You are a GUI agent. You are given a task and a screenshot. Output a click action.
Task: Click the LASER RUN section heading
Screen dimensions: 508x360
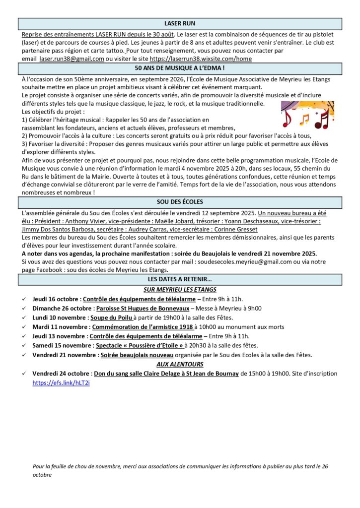pos(180,23)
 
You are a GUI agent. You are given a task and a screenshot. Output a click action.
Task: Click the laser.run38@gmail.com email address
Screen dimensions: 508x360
pos(72,59)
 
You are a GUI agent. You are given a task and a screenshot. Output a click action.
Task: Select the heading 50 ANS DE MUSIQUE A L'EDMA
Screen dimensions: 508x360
pos(180,68)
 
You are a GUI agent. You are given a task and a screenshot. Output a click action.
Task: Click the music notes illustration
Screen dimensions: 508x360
pos(307,115)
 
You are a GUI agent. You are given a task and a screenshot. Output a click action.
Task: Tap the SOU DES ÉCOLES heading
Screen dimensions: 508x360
pos(180,202)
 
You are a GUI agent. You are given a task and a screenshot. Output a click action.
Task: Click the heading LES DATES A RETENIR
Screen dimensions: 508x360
pos(180,280)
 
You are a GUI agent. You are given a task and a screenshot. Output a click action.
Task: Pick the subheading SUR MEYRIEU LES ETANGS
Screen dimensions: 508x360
pos(180,290)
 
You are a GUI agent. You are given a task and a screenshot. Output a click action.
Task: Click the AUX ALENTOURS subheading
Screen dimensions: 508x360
pos(180,364)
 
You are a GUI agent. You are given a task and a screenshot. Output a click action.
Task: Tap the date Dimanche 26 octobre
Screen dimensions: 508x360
pos(61,308)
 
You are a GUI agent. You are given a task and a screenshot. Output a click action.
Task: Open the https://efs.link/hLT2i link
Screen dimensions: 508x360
pos(61,383)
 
